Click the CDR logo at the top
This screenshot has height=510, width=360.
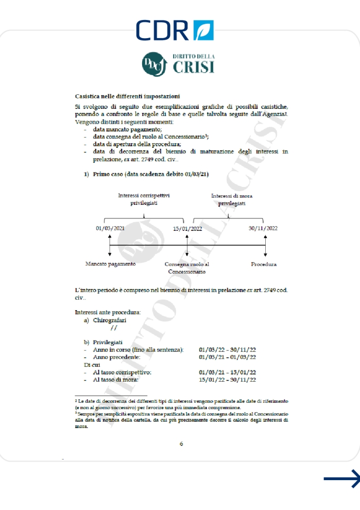point(175,30)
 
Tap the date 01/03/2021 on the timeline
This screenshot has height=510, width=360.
point(111,228)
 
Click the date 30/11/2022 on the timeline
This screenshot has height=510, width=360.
point(263,228)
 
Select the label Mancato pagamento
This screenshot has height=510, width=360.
point(110,264)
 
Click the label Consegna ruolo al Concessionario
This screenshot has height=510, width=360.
point(186,268)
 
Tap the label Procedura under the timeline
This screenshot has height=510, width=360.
point(264,264)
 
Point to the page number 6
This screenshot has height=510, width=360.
point(181,444)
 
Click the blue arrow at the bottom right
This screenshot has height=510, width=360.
point(341,479)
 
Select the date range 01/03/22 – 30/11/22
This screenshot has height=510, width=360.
point(227,350)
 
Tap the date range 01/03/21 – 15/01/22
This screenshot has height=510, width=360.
point(227,372)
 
